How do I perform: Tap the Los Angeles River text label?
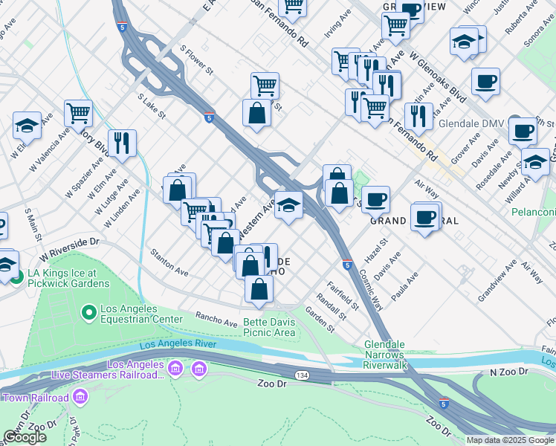pos(178,344)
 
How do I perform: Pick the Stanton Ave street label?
pos(170,262)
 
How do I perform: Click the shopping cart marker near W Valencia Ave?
pos(77,113)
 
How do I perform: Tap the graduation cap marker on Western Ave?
pos(288,205)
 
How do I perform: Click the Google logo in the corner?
pos(25,437)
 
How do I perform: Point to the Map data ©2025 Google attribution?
pos(510,440)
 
